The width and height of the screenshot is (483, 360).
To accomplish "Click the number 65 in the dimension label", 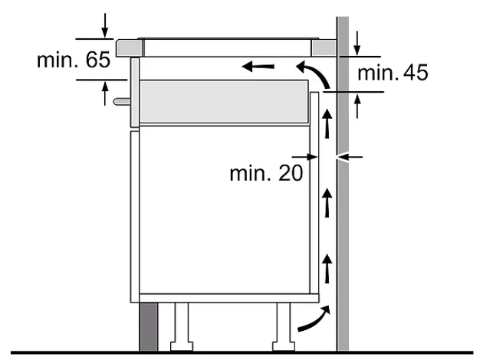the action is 98,60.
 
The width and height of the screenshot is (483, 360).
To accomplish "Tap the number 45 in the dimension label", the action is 416,73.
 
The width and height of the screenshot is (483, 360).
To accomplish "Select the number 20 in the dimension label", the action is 291,173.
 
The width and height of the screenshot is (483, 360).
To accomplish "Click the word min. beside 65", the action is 58,60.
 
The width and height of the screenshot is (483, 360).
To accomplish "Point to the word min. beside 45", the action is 378,74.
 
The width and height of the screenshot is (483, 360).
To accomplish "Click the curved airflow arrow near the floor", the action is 314,318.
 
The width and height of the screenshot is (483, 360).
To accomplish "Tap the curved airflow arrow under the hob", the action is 313,74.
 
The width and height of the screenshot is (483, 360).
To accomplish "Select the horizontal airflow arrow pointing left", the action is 258,66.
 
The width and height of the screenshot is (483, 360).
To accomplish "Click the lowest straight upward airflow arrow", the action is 327,268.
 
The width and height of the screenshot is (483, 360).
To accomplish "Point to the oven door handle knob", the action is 122,101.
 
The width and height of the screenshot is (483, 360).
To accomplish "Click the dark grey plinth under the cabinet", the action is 148,326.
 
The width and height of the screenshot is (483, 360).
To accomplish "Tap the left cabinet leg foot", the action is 182,346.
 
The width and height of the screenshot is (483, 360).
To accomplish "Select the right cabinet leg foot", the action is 284,346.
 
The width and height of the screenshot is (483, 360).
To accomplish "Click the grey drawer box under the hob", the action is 224,102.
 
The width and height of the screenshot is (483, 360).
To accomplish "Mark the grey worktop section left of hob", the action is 130,48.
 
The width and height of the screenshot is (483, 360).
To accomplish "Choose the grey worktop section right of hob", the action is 324,48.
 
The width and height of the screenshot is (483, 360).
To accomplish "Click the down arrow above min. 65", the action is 105,25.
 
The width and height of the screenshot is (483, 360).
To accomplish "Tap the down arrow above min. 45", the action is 356,43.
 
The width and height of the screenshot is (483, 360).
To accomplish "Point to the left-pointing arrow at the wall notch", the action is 350,157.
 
